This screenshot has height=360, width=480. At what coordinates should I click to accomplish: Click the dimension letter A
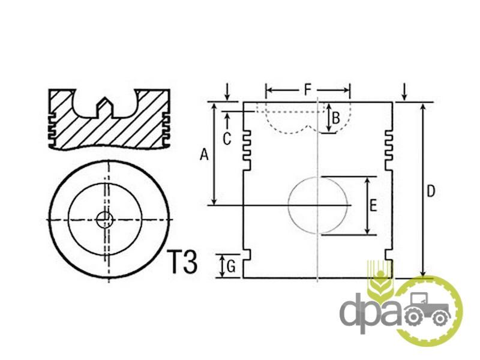pyautogui.click(x=204, y=154)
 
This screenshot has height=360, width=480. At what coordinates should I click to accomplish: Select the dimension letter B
pyautogui.click(x=336, y=118)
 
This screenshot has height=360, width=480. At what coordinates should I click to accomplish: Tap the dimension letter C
pyautogui.click(x=227, y=139)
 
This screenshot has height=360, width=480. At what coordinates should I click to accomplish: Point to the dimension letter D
pyautogui.click(x=431, y=191)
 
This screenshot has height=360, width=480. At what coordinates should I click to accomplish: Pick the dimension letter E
pyautogui.click(x=373, y=205)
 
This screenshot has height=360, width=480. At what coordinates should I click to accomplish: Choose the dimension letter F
pyautogui.click(x=308, y=90)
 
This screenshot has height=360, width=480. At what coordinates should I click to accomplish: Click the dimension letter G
pyautogui.click(x=231, y=266)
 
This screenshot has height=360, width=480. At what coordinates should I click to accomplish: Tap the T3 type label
pyautogui.click(x=182, y=262)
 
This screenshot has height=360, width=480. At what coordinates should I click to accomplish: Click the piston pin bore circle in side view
pyautogui.click(x=289, y=205)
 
